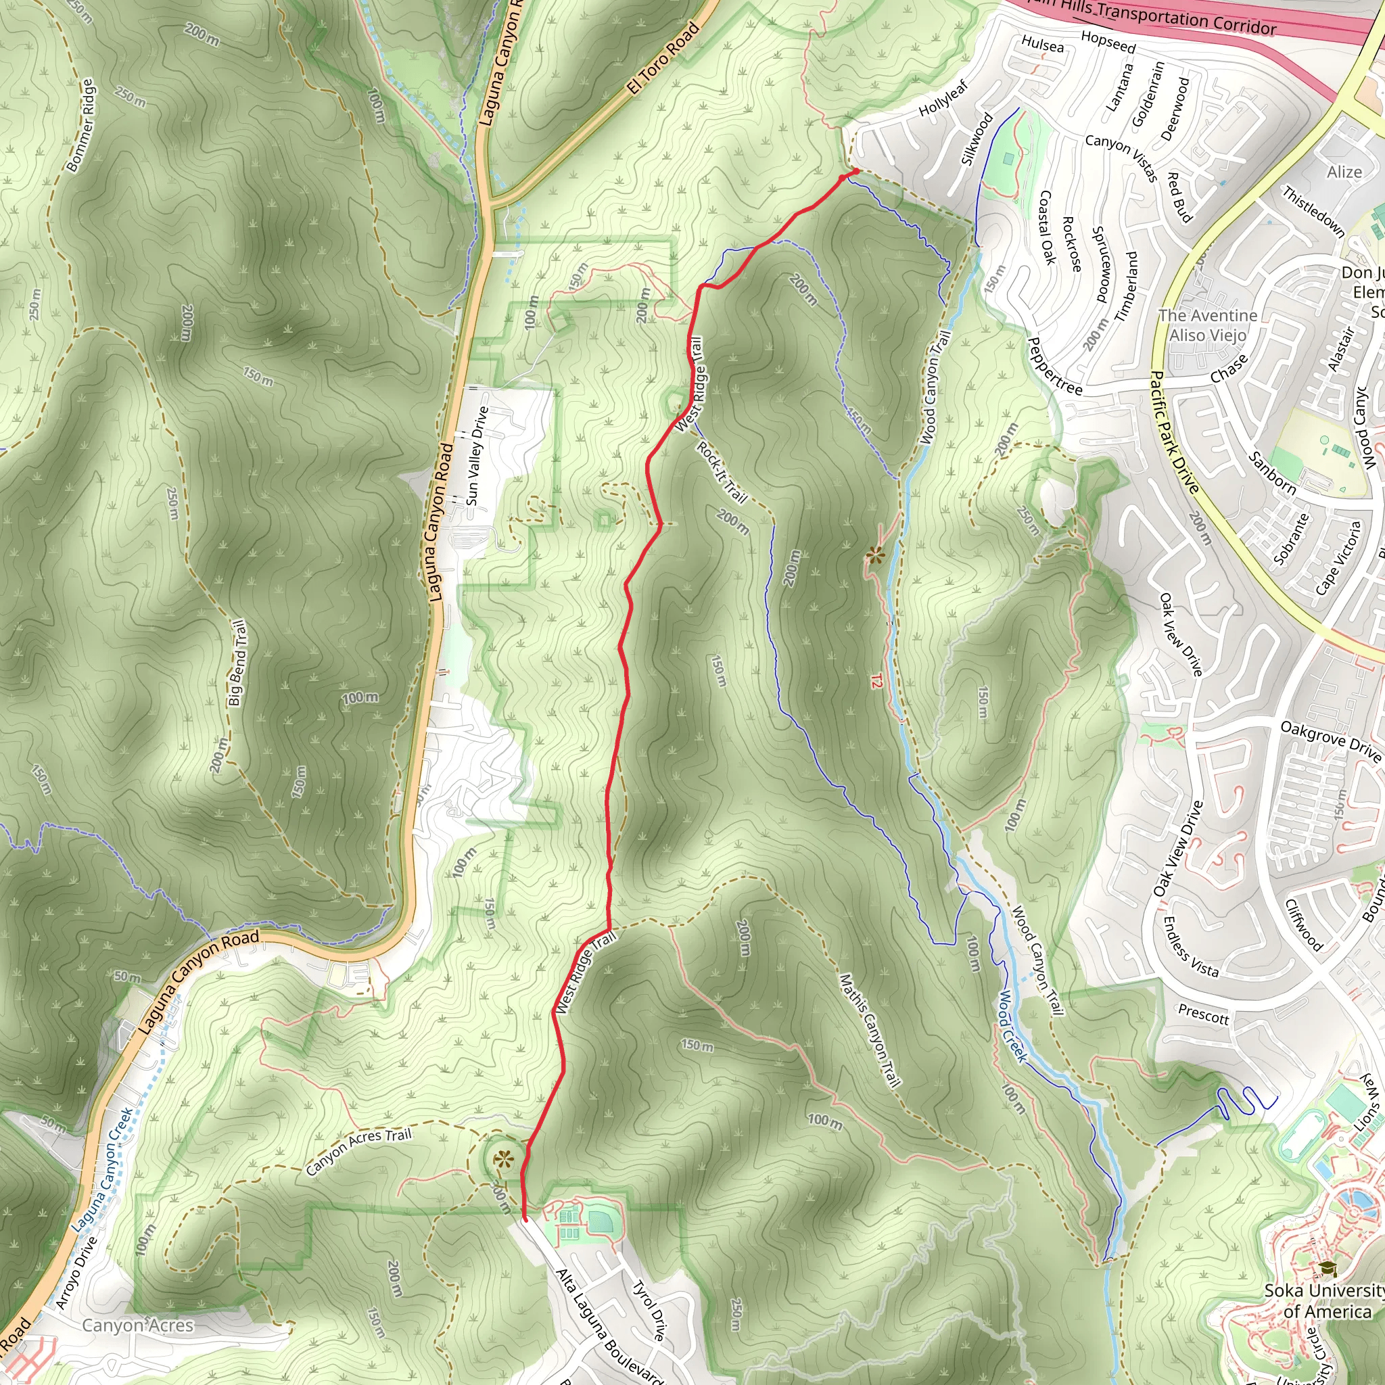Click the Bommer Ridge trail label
point(80,126)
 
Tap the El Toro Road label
point(663,59)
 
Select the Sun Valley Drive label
point(477,456)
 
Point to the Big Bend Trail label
point(238,663)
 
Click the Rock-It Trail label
point(722,473)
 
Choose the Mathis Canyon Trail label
point(870,1030)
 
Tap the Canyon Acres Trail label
point(358,1151)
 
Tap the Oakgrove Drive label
point(1330,741)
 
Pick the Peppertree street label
point(1055,367)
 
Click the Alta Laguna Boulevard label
point(608,1326)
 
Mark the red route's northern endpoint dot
point(855,171)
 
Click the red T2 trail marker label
point(876,681)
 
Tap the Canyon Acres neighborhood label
point(138,1325)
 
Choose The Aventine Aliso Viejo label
point(1208,325)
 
